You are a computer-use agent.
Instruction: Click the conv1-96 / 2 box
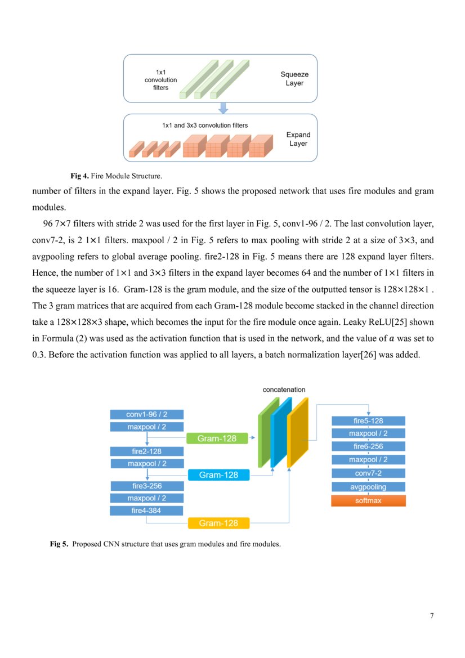(146, 414)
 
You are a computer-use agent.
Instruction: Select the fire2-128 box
(146, 451)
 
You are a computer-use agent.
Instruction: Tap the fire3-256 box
(146, 486)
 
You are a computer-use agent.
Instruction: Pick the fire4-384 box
(146, 511)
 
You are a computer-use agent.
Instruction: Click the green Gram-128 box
(217, 438)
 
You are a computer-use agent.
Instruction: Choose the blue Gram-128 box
(218, 475)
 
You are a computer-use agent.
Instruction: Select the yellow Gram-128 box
(218, 523)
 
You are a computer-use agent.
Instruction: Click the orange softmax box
(368, 500)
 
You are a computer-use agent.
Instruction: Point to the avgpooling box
(368, 486)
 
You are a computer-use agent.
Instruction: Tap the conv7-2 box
(368, 473)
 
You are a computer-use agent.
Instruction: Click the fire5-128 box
(368, 420)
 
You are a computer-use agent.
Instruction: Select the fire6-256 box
(368, 446)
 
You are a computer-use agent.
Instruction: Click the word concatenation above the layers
(284, 390)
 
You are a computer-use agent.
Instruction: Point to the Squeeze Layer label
(294, 79)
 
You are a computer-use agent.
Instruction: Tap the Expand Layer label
(298, 139)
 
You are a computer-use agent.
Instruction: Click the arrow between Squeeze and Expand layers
(223, 108)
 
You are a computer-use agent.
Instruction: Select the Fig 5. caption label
(59, 544)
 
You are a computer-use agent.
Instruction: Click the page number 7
(432, 615)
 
